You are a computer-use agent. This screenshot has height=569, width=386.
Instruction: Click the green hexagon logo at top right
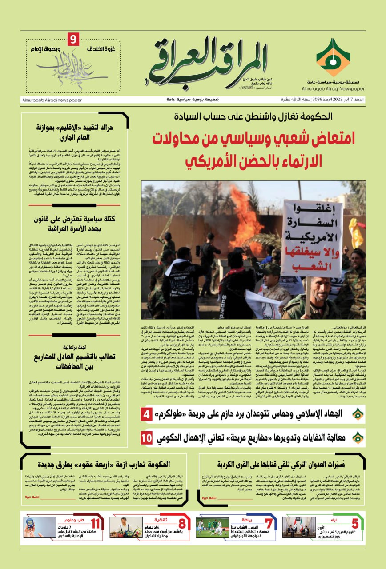333,57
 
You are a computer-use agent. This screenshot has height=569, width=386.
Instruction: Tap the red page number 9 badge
73,40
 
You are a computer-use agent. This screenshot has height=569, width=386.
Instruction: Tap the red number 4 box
147,416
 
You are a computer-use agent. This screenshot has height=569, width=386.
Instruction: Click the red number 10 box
147,437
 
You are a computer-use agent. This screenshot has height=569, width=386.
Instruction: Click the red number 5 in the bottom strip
355,524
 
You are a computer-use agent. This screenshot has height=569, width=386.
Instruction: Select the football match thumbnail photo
212,527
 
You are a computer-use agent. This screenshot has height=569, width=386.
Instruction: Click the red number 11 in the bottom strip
95,524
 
